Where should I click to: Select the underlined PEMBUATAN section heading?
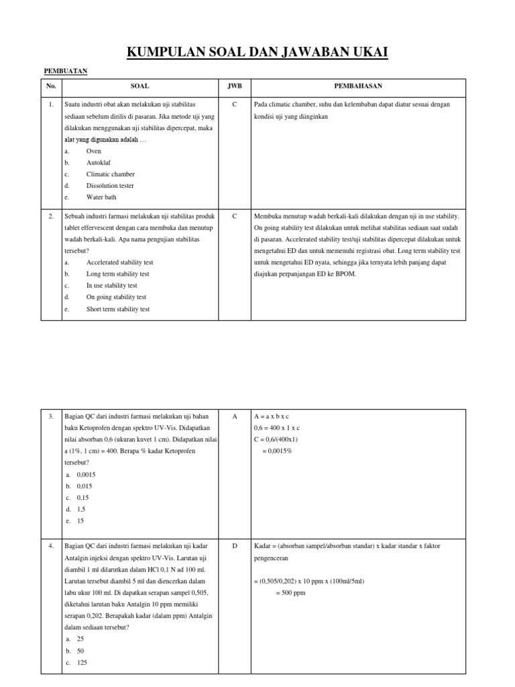point(65,70)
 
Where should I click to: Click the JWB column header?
point(234,87)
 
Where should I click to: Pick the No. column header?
point(51,87)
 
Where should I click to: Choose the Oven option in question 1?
point(93,151)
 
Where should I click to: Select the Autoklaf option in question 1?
point(98,162)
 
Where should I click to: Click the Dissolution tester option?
point(110,185)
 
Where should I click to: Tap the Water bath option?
point(101,197)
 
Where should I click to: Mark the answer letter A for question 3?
point(235,417)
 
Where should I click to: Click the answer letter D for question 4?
point(235,546)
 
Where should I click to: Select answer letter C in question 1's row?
point(235,105)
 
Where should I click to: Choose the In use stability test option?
point(111,285)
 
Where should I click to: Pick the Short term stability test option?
point(118,309)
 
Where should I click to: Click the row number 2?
point(51,217)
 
